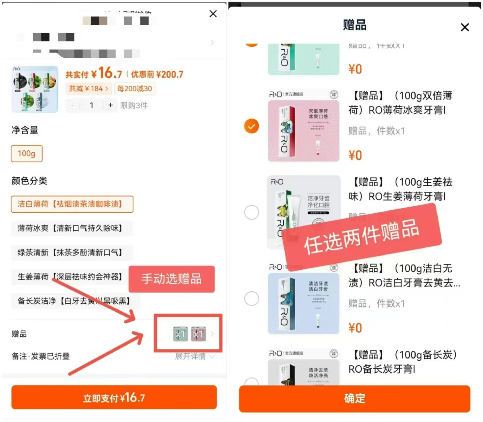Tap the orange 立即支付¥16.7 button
pyautogui.click(x=114, y=398)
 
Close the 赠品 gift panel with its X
pyautogui.click(x=465, y=27)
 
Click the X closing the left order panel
pyautogui.click(x=213, y=14)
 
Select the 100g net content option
pyautogui.click(x=27, y=154)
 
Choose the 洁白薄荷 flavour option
pyautogui.click(x=72, y=204)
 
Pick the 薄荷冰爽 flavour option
pyautogui.click(x=71, y=228)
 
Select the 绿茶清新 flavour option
pyautogui.click(x=71, y=253)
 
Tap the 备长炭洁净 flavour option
pyautogui.click(x=75, y=301)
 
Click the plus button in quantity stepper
pyautogui.click(x=110, y=105)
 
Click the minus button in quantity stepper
pyautogui.click(x=72, y=105)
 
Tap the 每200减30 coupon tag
pyautogui.click(x=135, y=89)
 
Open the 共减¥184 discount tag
pyautogui.click(x=88, y=89)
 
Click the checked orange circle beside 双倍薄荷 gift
pyautogui.click(x=251, y=126)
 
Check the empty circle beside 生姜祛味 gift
pyautogui.click(x=251, y=212)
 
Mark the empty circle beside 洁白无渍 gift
pyautogui.click(x=251, y=299)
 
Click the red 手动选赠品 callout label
pyautogui.click(x=171, y=279)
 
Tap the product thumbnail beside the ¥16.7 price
pyautogui.click(x=35, y=89)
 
